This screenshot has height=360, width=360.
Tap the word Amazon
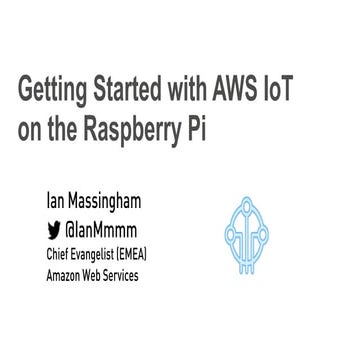[65, 273]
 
